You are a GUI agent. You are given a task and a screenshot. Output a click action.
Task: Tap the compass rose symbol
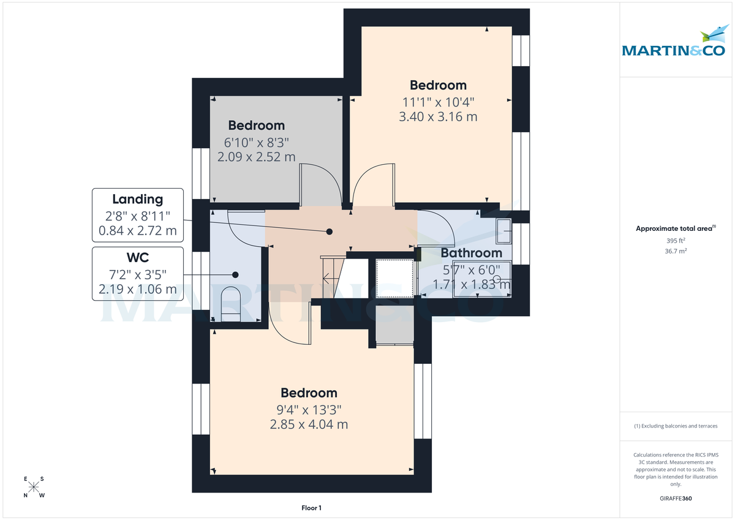click(34, 488)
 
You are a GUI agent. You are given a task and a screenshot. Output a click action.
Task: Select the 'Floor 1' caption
click(311, 508)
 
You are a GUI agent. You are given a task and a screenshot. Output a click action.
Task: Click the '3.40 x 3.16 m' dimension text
click(438, 116)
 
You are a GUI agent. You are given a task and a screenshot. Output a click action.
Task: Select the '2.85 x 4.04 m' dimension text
click(309, 424)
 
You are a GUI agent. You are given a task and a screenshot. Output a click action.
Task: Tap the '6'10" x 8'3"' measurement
click(256, 142)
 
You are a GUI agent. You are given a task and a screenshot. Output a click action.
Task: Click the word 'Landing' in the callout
click(137, 199)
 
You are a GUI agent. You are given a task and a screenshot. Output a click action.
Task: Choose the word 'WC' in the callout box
click(137, 257)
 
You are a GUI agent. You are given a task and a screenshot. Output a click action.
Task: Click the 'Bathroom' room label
click(472, 252)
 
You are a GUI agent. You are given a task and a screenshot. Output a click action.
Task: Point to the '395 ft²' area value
click(676, 241)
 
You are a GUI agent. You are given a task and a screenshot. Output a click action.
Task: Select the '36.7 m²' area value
click(676, 251)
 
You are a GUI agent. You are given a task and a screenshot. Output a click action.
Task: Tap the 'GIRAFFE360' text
click(676, 499)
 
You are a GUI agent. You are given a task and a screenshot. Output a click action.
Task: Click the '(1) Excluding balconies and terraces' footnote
click(676, 426)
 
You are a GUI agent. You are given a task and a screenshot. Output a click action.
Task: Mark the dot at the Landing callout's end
click(330, 232)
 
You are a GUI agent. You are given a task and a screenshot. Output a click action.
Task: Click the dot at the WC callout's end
click(235, 275)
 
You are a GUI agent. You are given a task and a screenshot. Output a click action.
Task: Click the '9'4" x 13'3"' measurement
click(309, 409)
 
